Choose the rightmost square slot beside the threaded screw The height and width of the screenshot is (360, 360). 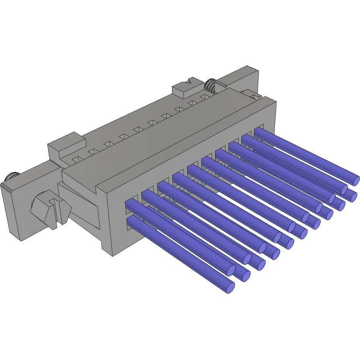tap(204, 96)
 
